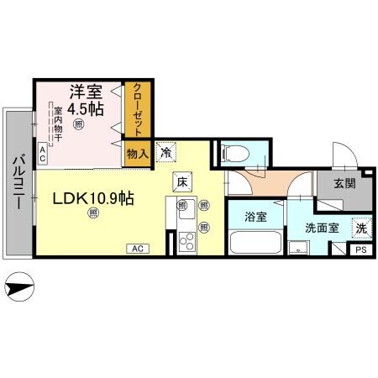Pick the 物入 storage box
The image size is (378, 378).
coord(137,153)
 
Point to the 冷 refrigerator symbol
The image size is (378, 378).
coord(166,153)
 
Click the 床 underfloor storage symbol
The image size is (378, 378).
coord(182,180)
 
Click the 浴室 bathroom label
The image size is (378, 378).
coord(255,217)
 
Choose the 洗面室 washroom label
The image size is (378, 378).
coord(322,227)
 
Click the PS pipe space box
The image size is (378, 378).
coord(360,249)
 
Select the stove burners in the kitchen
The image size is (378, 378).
coord(186,242)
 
